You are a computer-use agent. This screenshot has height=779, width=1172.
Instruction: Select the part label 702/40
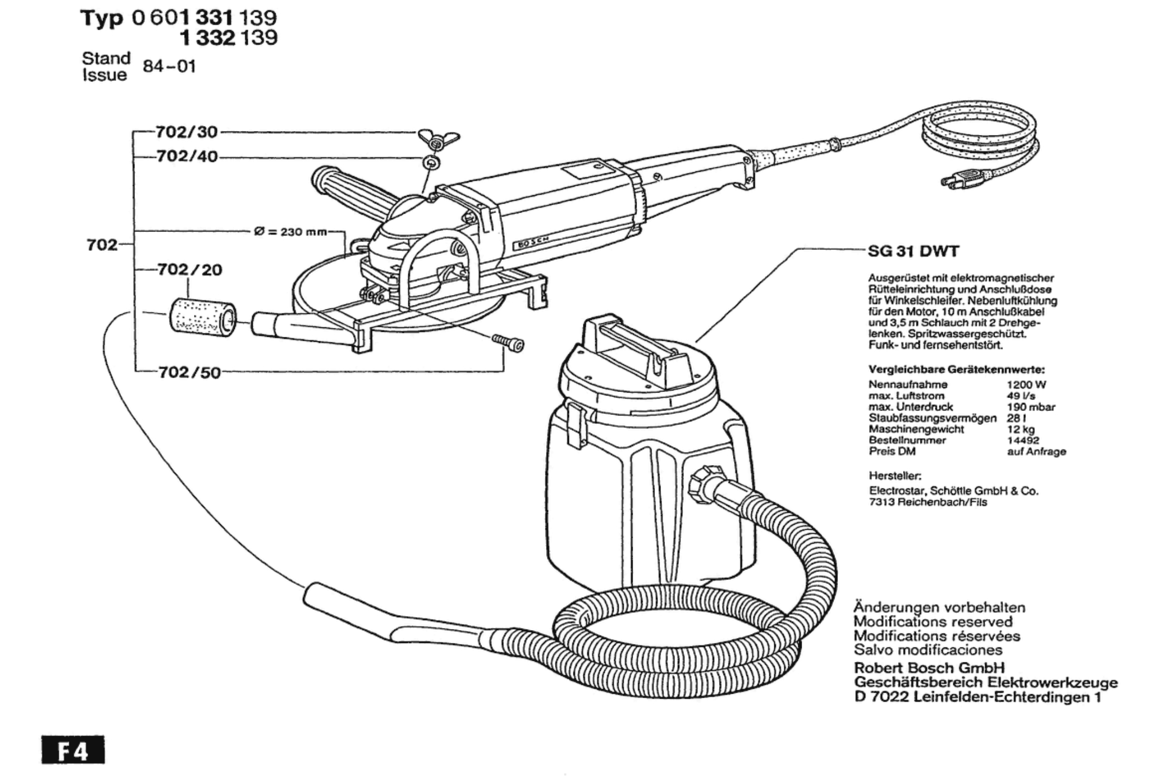[187, 156]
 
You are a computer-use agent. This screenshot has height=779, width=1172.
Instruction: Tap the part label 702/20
[190, 270]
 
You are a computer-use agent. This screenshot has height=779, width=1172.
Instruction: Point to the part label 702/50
[190, 372]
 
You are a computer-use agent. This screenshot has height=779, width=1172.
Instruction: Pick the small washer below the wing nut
[431, 163]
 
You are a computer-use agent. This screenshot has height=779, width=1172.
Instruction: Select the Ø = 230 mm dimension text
[291, 232]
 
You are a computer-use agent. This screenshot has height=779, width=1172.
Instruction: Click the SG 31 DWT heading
[913, 251]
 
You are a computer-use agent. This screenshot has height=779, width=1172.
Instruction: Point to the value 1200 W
[1026, 384]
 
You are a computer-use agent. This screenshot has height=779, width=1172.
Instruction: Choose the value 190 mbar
[1031, 407]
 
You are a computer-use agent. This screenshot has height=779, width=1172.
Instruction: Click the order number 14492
[1023, 440]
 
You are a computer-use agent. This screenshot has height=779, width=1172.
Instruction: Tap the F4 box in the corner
[73, 750]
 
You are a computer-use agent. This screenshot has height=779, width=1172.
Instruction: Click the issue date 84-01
[169, 66]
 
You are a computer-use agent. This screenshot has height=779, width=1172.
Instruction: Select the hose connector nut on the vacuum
[702, 484]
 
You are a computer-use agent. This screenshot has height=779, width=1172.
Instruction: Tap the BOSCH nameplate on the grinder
[530, 243]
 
